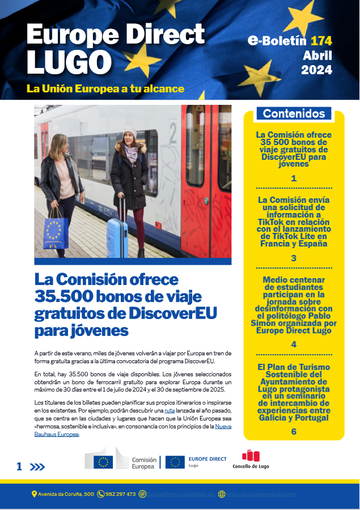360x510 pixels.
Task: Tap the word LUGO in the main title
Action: tap(69, 62)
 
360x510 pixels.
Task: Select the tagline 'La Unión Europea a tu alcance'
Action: tap(105, 89)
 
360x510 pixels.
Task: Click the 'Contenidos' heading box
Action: tap(294, 113)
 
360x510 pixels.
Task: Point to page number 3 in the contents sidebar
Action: tap(294, 258)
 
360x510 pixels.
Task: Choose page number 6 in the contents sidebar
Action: tap(294, 432)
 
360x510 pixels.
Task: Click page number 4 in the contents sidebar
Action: tap(294, 345)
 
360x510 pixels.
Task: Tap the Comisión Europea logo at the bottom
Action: tap(120, 458)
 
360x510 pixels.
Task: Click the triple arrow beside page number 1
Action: tap(37, 467)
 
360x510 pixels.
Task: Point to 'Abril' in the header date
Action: tap(317, 56)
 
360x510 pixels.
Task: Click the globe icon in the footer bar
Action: tap(222, 494)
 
